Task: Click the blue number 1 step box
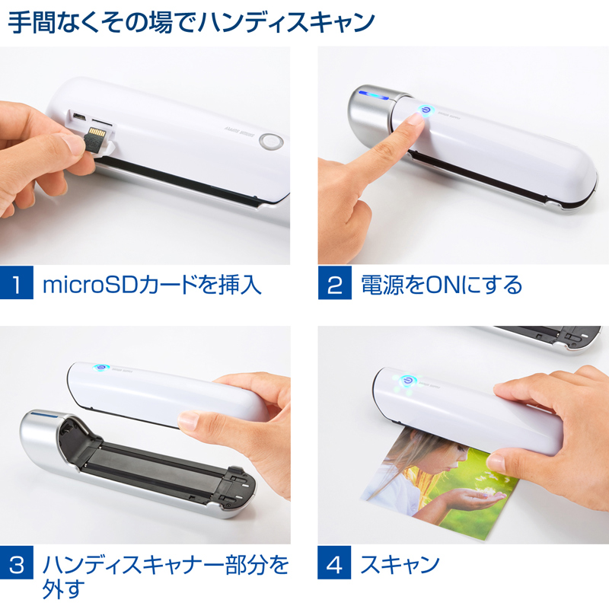click(x=16, y=282)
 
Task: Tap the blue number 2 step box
click(x=334, y=282)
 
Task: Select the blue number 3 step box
click(x=16, y=563)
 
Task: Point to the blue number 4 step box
click(x=334, y=563)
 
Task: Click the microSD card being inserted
click(x=96, y=139)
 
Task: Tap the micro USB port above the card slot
click(x=79, y=116)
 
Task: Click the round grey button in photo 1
click(x=270, y=142)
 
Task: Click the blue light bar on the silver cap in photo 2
click(x=373, y=94)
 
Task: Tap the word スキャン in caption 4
click(x=400, y=564)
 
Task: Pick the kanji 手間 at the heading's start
click(x=32, y=22)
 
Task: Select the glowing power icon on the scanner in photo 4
click(x=407, y=380)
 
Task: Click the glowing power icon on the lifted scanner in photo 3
click(x=101, y=367)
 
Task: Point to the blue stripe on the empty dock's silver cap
click(x=44, y=416)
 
